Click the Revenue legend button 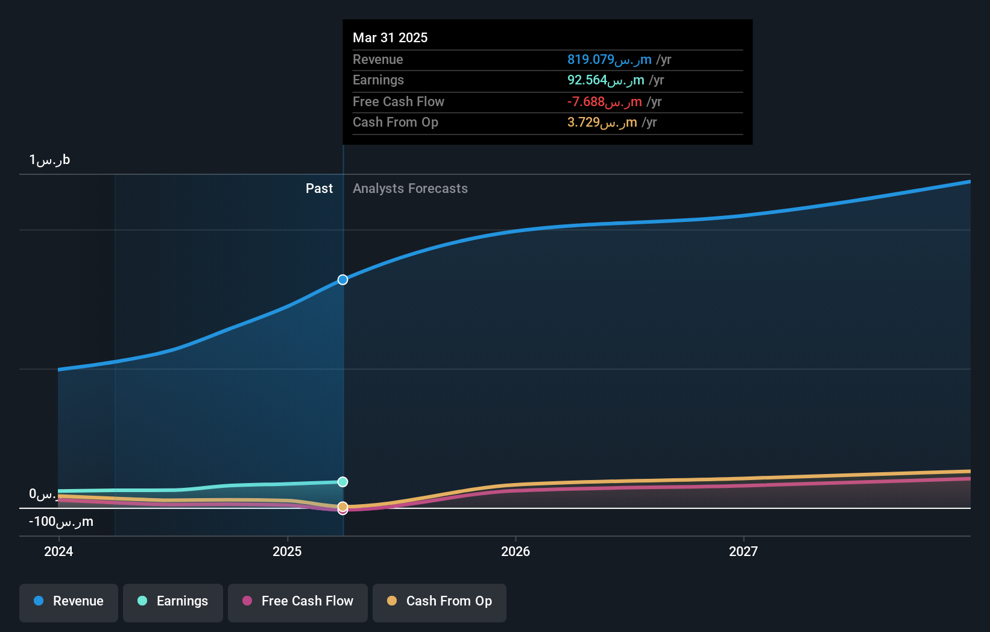pyautogui.click(x=69, y=601)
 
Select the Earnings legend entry pyautogui.click(x=173, y=601)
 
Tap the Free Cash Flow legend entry pyautogui.click(x=298, y=601)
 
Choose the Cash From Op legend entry pyautogui.click(x=440, y=601)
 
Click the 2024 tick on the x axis pyautogui.click(x=58, y=551)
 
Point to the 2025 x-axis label pyautogui.click(x=287, y=551)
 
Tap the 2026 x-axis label pyautogui.click(x=515, y=551)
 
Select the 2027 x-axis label pyautogui.click(x=743, y=551)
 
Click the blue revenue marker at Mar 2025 pyautogui.click(x=342, y=280)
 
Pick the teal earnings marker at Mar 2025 pyautogui.click(x=342, y=482)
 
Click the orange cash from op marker pyautogui.click(x=342, y=506)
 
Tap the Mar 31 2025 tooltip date pyautogui.click(x=390, y=37)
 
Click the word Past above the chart pyautogui.click(x=319, y=189)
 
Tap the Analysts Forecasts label pyautogui.click(x=410, y=189)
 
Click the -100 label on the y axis pyautogui.click(x=61, y=522)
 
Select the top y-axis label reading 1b pyautogui.click(x=49, y=160)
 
